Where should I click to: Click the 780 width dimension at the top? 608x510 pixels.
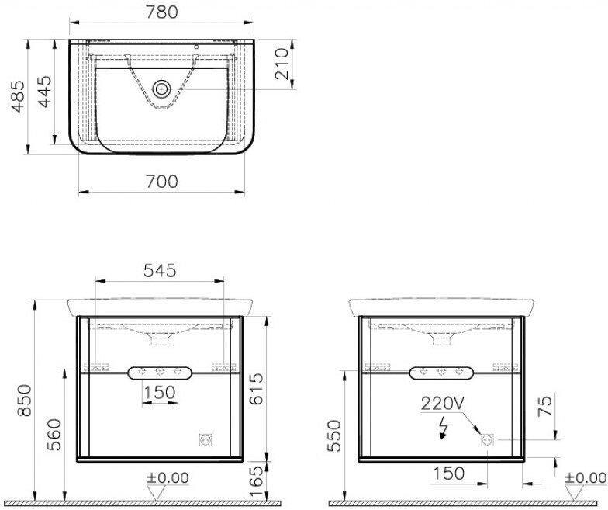pos(161,12)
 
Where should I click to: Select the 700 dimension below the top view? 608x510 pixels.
pos(161,182)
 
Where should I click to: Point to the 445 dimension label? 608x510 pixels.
pos(44,92)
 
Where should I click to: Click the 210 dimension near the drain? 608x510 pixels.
pos(282,64)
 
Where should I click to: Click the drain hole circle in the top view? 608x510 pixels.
pos(161,89)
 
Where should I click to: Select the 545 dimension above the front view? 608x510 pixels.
pos(160,270)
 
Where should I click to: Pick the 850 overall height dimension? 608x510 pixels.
pos(25,401)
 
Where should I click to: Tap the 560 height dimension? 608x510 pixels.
pos(54,435)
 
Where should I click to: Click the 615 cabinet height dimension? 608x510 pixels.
pos(256,389)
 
